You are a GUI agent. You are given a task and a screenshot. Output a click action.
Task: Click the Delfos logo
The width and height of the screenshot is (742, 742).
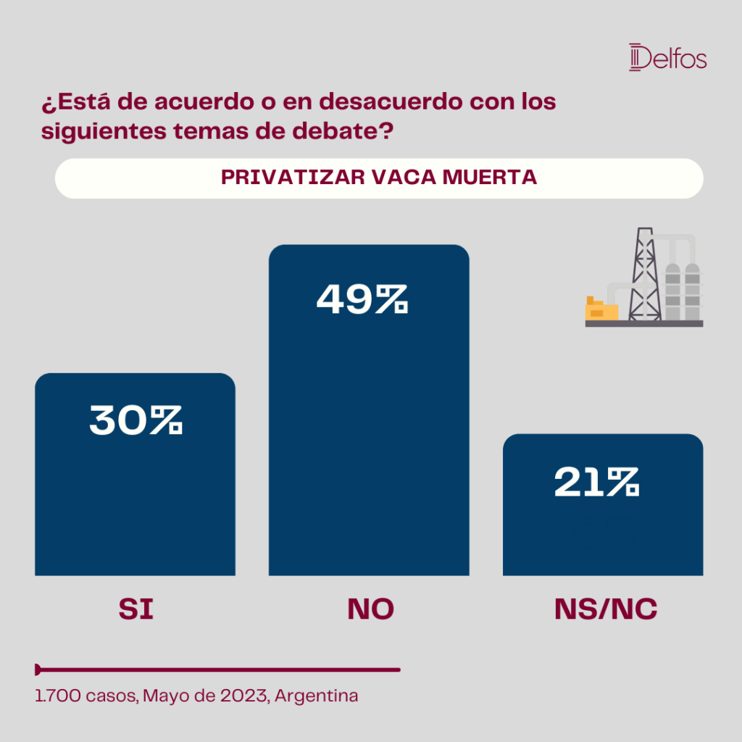coord(667,57)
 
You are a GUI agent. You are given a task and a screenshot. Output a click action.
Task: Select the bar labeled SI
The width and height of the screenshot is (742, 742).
coord(135,474)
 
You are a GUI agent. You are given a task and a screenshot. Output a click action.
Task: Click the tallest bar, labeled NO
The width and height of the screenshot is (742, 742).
coord(369,410)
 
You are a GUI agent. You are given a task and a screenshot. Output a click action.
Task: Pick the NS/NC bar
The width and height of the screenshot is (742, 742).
coord(603,504)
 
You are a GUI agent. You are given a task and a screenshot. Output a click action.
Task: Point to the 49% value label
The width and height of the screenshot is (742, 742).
coord(362,299)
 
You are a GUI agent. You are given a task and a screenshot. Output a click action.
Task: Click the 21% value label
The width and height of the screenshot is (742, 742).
coord(597,482)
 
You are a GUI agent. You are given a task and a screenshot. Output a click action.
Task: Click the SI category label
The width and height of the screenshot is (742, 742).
coord(136,609)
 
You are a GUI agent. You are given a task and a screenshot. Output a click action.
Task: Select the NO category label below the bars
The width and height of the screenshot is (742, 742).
coord(370,609)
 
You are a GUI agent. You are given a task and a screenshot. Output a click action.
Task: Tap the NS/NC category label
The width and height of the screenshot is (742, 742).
coord(606,609)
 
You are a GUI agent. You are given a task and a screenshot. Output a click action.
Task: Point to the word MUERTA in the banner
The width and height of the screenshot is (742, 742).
coord(490,178)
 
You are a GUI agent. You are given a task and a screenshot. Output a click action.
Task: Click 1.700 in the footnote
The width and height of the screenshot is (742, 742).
coord(58,696)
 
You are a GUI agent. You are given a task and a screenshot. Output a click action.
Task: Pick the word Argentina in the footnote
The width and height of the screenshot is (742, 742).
coord(316,696)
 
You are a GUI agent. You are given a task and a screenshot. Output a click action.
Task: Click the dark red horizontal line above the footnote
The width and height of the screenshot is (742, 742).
coord(217,670)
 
